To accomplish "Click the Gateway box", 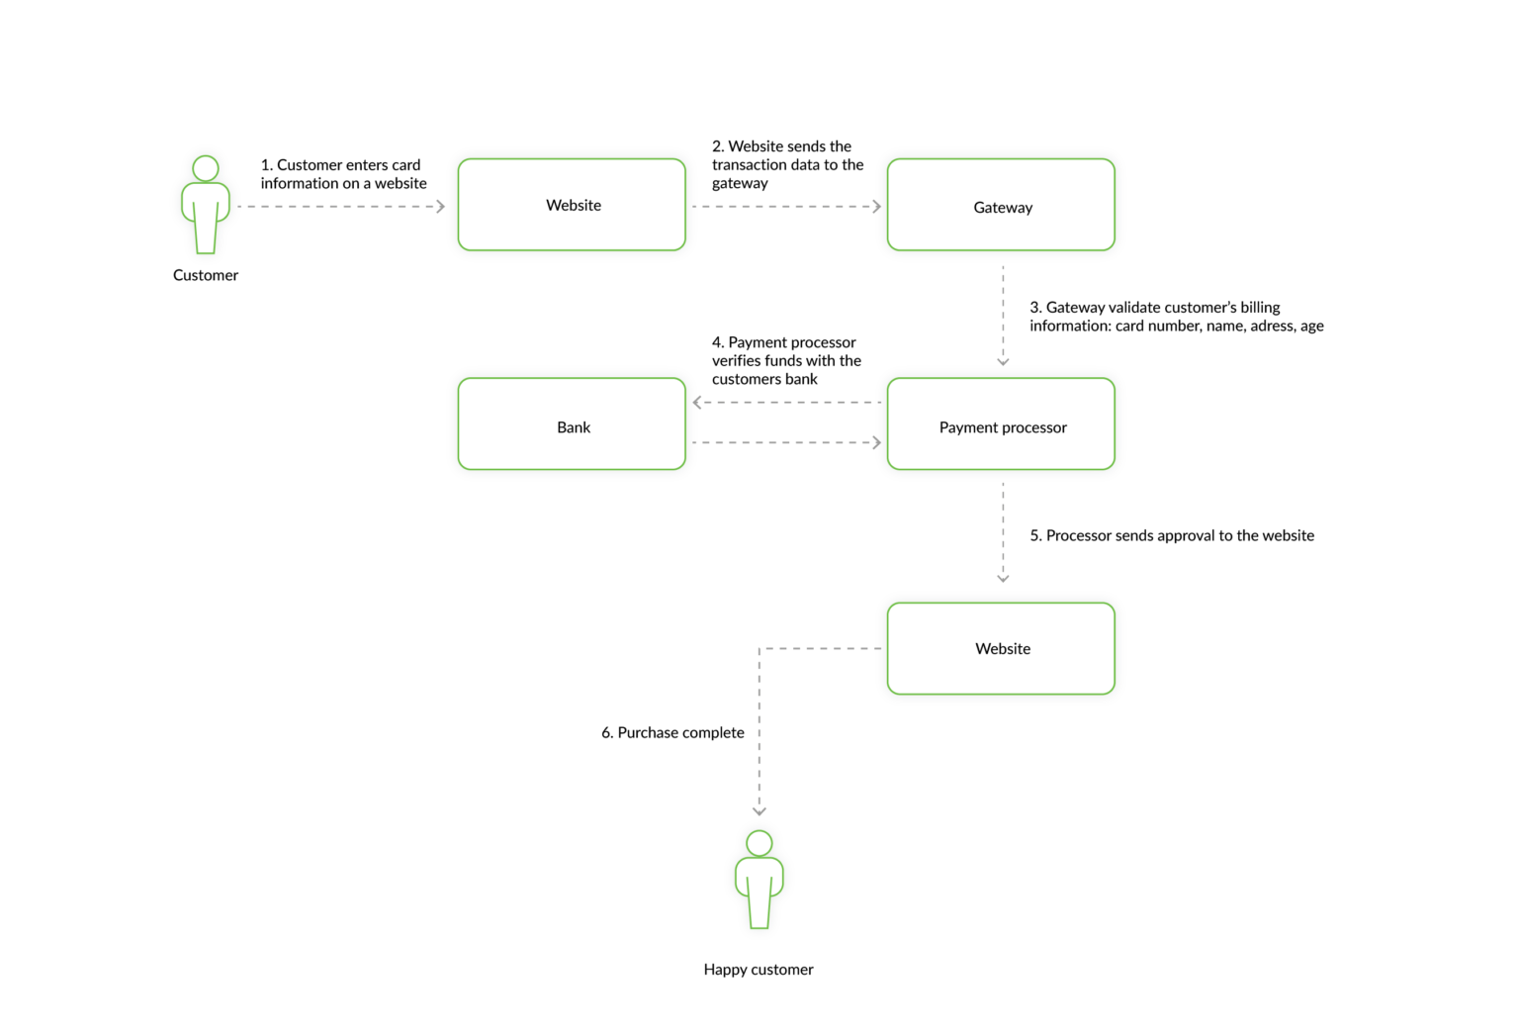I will point(1001,205).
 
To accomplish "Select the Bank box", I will point(572,424).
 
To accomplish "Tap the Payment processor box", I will point(1001,424).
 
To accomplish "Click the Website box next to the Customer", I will point(572,205).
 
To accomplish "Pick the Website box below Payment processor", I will point(1001,648).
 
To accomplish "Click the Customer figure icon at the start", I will point(206,205).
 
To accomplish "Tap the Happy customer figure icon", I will point(759,881).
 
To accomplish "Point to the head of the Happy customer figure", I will point(759,843).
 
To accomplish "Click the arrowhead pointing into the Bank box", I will point(697,403).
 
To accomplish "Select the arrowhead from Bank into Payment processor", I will point(876,442).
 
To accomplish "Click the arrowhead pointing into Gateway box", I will point(876,207).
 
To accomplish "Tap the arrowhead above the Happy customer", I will point(759,810).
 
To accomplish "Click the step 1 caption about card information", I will point(343,174).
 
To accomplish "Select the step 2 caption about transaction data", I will point(787,164).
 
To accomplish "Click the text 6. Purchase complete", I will point(672,732).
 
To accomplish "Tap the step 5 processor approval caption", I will point(1172,535).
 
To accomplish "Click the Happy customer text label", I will point(759,970).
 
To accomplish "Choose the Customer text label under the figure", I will point(206,275).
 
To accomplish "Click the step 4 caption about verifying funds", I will point(786,360).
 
